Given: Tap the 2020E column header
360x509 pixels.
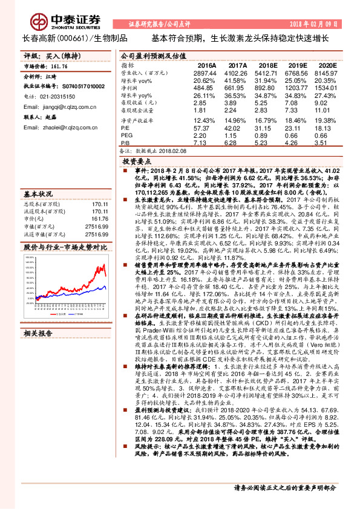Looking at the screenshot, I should point(327,65).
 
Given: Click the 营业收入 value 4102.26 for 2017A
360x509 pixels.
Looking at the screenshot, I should point(237,72).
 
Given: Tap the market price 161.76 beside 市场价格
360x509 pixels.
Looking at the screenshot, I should point(57,66).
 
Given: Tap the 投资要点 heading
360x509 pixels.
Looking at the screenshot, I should point(136,162).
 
